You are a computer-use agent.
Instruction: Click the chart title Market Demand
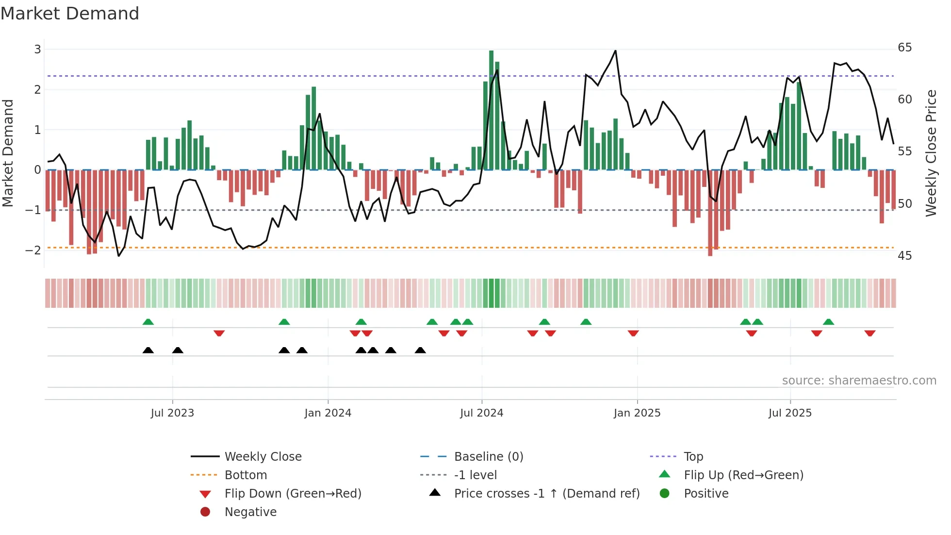coord(70,14)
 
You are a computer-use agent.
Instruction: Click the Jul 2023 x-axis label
coord(172,413)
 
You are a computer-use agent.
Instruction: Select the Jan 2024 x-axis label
coord(328,413)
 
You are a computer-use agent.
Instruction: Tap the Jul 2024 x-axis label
coord(481,413)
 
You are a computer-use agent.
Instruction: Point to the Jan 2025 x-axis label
coord(637,413)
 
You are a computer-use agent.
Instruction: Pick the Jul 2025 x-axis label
coord(790,413)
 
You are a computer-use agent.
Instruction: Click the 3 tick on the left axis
coord(37,49)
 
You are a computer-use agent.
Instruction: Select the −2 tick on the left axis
coord(33,250)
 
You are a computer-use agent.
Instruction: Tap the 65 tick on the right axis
coord(904,48)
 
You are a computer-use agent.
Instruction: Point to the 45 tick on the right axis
coord(904,255)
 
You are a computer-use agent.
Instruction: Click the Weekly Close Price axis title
coord(931,153)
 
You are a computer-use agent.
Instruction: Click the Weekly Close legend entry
coord(262,456)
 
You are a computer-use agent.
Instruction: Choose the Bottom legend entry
coord(246,475)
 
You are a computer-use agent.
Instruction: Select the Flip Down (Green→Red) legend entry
coord(293,493)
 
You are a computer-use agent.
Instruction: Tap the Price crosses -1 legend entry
coord(546,493)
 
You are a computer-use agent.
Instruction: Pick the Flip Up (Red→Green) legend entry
coord(743,475)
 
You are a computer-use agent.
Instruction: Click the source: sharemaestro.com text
coord(859,380)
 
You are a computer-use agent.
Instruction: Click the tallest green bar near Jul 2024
coord(491,110)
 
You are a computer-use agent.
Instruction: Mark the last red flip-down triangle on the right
coord(869,333)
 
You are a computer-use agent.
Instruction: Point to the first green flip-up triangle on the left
coord(148,322)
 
